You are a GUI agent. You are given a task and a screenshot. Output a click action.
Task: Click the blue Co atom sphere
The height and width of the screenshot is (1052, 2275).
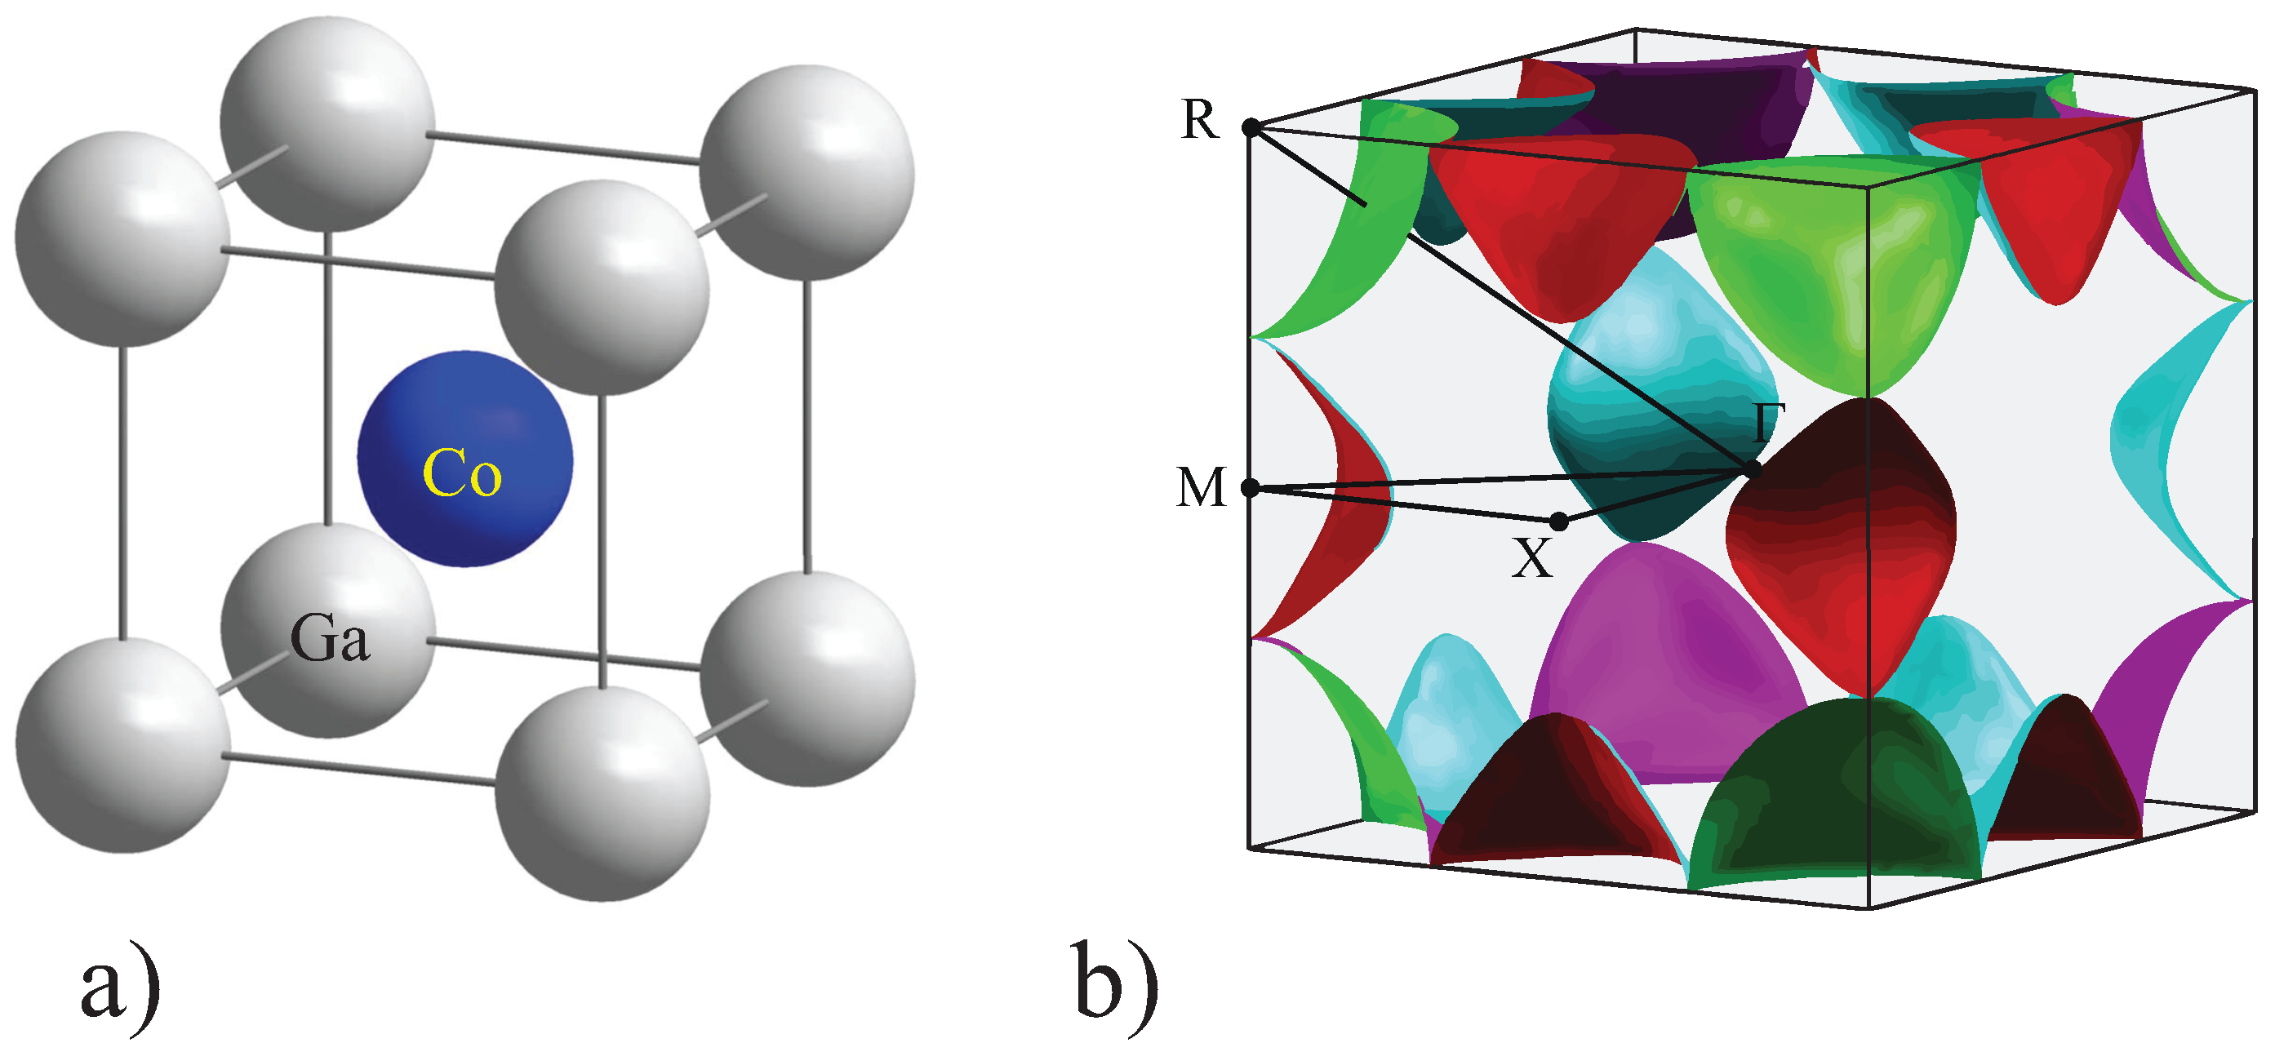(x=464, y=459)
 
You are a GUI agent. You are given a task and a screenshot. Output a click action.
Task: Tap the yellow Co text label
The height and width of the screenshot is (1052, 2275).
(x=462, y=473)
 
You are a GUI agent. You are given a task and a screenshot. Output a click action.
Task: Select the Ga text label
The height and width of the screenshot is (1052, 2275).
(x=330, y=637)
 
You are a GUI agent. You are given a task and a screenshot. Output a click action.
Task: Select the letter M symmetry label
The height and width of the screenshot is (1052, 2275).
(x=1201, y=487)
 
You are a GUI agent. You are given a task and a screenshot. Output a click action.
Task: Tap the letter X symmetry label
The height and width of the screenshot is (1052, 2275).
(x=1531, y=559)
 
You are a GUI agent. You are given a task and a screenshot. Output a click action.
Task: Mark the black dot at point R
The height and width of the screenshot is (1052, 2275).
(x=1251, y=128)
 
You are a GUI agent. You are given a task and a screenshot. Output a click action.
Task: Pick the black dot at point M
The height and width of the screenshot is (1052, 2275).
(x=1251, y=487)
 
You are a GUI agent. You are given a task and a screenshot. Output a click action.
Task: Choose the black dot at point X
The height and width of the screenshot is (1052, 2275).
(x=1560, y=522)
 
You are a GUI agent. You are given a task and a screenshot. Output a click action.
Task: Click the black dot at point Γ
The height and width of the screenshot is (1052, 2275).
(x=1753, y=469)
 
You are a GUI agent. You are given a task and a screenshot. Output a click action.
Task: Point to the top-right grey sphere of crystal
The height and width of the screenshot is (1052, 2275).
(x=806, y=172)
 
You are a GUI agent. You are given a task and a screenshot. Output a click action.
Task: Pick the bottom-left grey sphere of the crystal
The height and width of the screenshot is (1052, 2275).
(x=123, y=744)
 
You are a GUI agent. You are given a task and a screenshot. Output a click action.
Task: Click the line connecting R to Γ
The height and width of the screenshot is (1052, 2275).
(x=1501, y=298)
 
